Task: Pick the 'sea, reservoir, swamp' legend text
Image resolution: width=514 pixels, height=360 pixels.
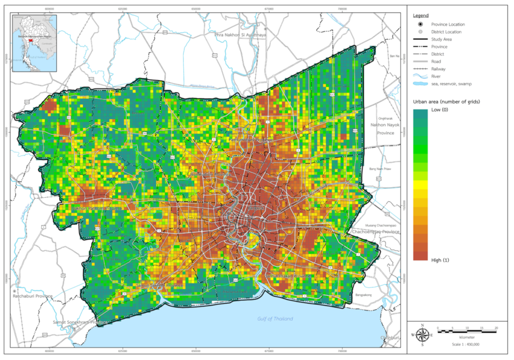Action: tap(451, 83)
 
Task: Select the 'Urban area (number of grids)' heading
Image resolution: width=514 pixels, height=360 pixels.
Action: tap(446, 102)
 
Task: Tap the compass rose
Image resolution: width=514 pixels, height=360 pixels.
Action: tap(422, 333)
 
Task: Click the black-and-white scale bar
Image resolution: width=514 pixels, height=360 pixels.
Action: tap(466, 331)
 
